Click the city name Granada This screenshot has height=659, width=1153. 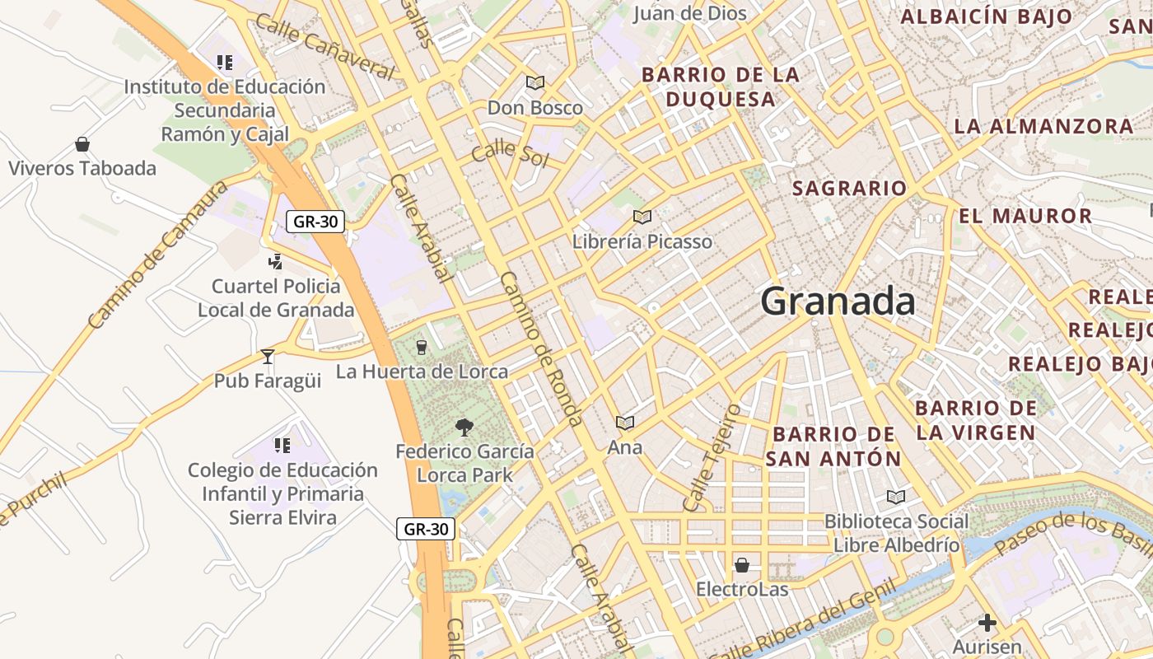[x=838, y=301]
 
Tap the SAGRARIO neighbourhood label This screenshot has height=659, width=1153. [x=849, y=188]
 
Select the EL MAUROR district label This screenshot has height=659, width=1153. [x=1025, y=217]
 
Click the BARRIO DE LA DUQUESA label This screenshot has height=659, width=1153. [x=721, y=86]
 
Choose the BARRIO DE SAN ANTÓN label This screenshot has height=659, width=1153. [x=833, y=446]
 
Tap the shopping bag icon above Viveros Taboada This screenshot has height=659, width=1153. [x=82, y=145]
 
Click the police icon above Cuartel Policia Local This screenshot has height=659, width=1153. [x=276, y=262]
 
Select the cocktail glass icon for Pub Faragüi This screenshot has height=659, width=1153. [x=268, y=357]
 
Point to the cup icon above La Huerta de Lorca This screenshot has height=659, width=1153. [x=422, y=348]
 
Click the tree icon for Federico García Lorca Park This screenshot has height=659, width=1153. [x=464, y=427]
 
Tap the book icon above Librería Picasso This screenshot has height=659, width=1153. [x=642, y=217]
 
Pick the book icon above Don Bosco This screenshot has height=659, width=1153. [x=535, y=82]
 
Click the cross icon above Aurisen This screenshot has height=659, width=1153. [x=987, y=623]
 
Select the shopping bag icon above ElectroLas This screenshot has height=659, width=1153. [x=742, y=565]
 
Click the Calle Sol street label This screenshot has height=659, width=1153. [x=510, y=152]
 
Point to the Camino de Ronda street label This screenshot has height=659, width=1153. [x=542, y=348]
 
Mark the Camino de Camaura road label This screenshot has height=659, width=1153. [x=156, y=256]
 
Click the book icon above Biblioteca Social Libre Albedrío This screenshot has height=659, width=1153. [x=896, y=497]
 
